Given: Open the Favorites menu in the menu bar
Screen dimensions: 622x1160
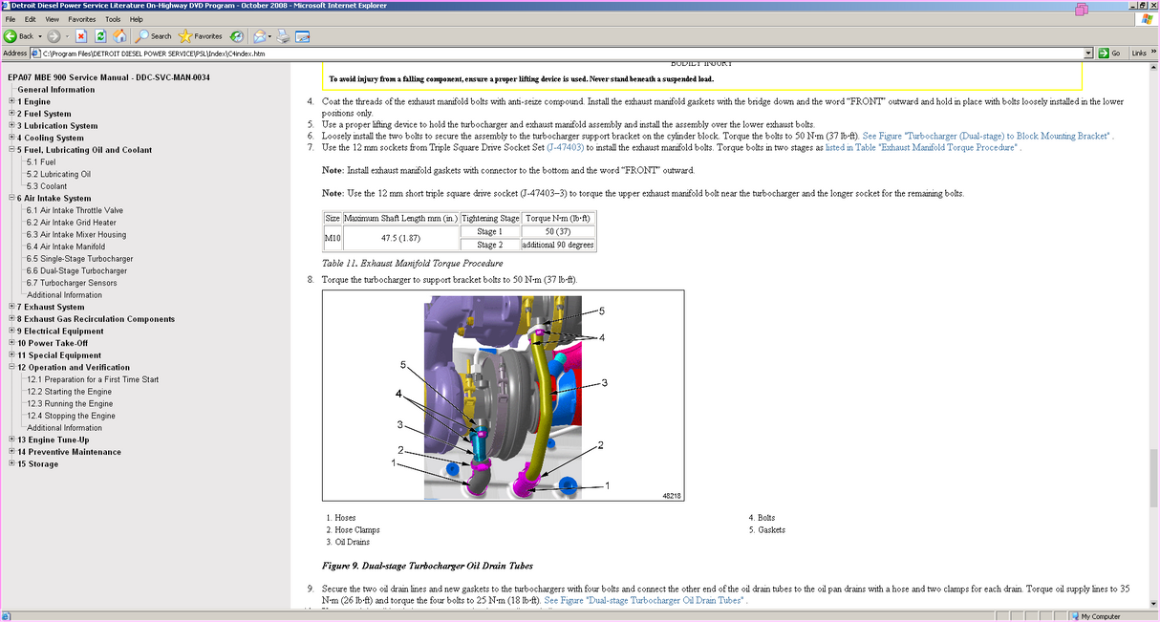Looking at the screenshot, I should pyautogui.click(x=81, y=19).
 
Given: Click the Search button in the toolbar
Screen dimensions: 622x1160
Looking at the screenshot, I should pyautogui.click(x=154, y=36).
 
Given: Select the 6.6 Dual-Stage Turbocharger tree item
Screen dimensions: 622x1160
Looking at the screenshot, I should pyautogui.click(x=76, y=270).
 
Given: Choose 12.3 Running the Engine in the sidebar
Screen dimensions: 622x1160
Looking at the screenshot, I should pyautogui.click(x=70, y=403).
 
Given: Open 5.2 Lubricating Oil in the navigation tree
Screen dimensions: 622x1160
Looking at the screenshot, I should pyautogui.click(x=58, y=174).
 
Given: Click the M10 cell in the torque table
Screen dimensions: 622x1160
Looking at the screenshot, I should pyautogui.click(x=333, y=238).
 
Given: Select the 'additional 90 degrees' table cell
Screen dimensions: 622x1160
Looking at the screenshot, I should pyautogui.click(x=558, y=245).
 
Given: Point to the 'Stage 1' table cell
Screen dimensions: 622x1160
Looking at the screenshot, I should pyautogui.click(x=489, y=231).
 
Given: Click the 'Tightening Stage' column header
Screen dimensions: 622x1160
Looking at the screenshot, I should pyautogui.click(x=489, y=218).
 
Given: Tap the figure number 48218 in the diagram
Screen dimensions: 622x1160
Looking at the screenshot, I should pyautogui.click(x=671, y=495).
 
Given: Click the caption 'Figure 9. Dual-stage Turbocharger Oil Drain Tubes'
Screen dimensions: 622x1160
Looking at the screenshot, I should pyautogui.click(x=427, y=566).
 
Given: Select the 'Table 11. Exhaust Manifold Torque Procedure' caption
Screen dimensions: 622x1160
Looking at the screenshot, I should pyautogui.click(x=412, y=263).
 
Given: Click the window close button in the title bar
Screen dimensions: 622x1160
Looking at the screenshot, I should pyautogui.click(x=1151, y=5).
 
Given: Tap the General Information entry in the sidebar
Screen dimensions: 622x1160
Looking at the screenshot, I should pyautogui.click(x=55, y=89).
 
